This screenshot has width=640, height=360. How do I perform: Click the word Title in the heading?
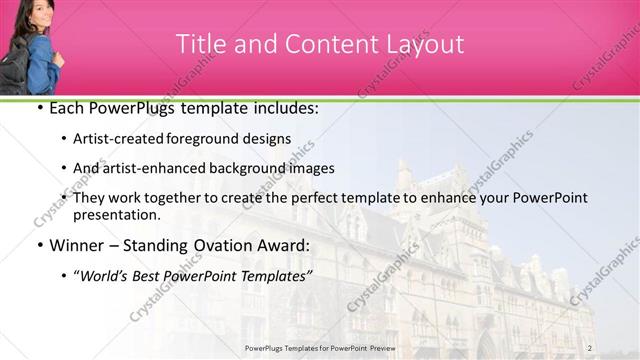point(199,44)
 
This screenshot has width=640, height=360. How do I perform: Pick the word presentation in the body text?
point(116,215)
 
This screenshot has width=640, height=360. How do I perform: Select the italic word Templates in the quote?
point(277,275)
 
